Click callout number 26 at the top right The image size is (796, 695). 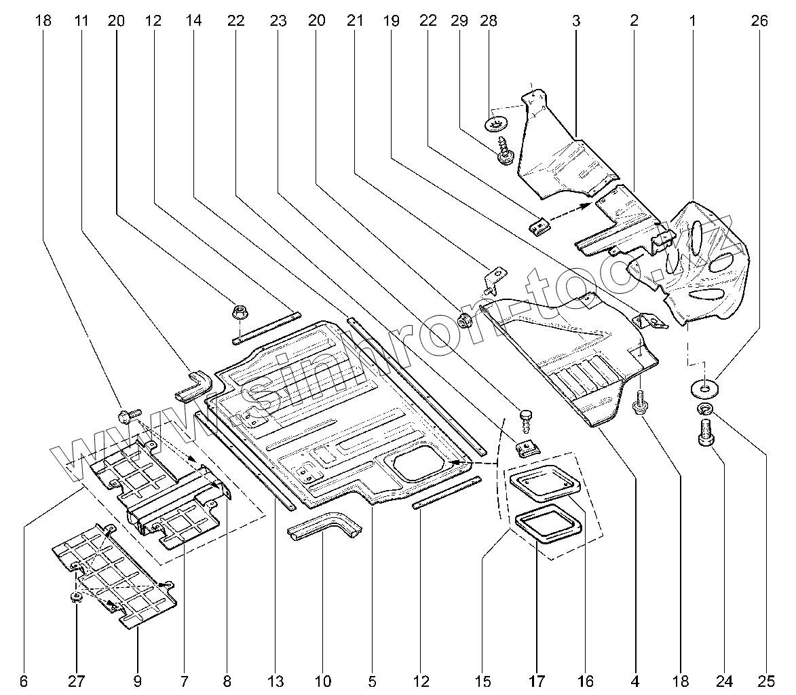pos(759,21)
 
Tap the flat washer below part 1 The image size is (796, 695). pos(704,388)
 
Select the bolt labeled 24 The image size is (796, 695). pos(705,430)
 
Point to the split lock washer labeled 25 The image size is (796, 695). pos(704,409)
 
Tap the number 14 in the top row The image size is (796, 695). pos(193,21)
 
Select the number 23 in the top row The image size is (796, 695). pos(278,21)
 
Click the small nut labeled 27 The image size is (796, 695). pos(76,597)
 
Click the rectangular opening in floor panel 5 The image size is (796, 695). pos(415,466)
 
